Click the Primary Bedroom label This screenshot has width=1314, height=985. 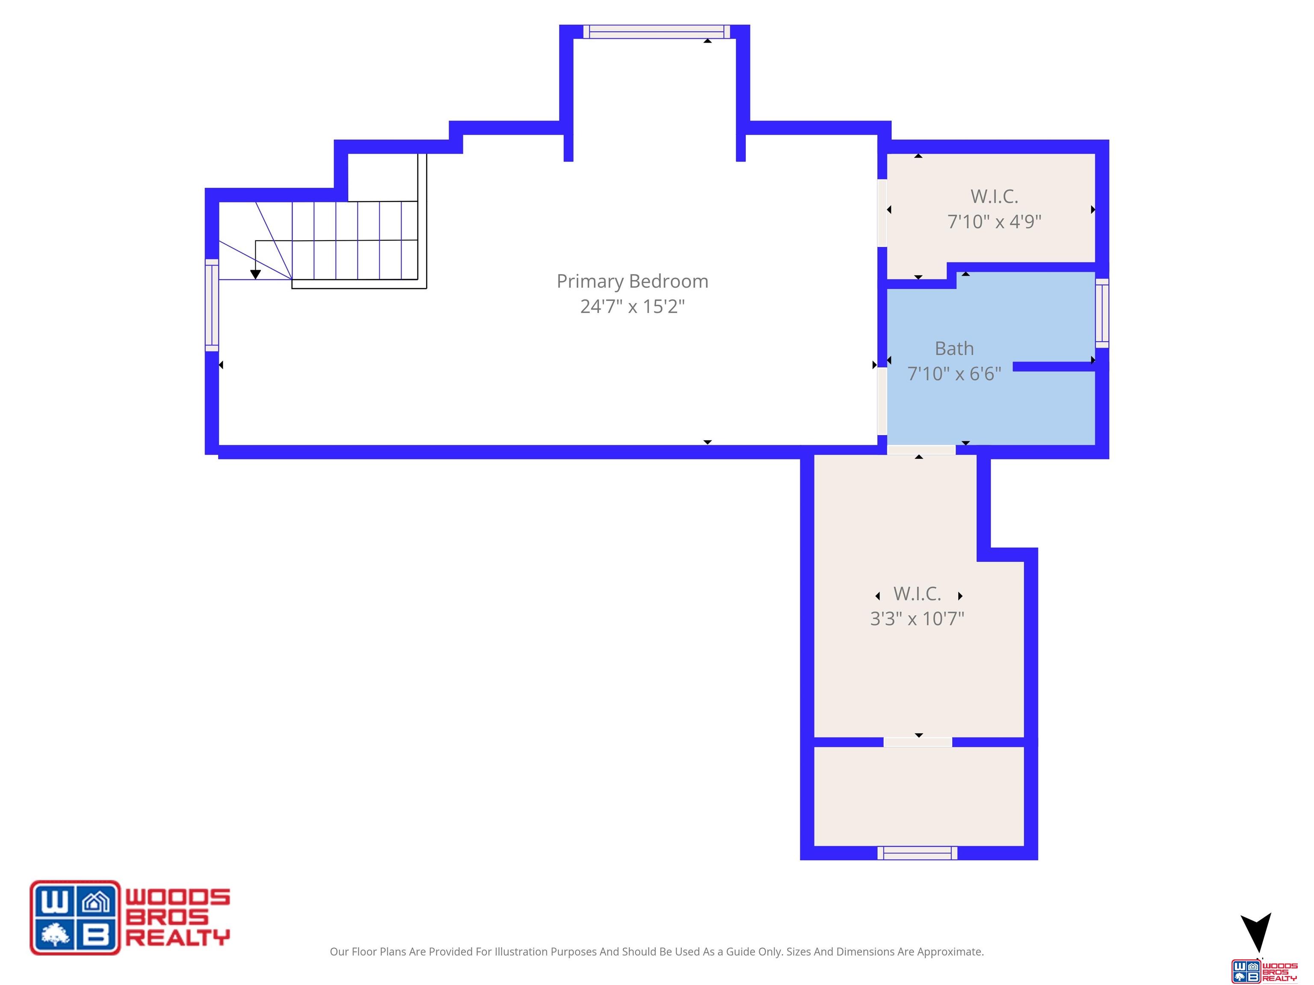[x=632, y=281]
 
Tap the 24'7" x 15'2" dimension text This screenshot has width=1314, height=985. [x=632, y=307]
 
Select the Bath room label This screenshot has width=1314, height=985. [x=954, y=348]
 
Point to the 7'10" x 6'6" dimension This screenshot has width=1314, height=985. [x=954, y=374]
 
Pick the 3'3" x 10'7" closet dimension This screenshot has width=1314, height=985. [x=917, y=619]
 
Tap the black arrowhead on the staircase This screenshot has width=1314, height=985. [x=255, y=274]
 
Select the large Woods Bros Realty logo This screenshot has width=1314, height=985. [x=130, y=917]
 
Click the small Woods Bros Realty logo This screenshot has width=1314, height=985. [x=1264, y=971]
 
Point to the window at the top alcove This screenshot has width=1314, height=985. [x=657, y=32]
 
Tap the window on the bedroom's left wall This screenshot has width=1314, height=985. [x=212, y=305]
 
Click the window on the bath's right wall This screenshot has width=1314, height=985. [x=1102, y=313]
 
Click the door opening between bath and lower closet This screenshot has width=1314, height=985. [x=921, y=450]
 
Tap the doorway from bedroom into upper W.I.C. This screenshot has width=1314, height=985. [x=882, y=212]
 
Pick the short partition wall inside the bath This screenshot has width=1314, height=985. [x=1054, y=367]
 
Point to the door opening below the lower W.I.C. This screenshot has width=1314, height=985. [x=918, y=742]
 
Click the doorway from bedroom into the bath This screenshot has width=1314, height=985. [x=882, y=401]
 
